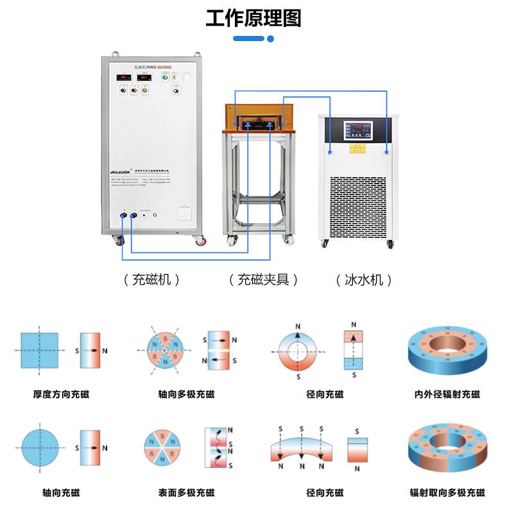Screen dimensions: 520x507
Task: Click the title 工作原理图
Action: pyautogui.click(x=253, y=18)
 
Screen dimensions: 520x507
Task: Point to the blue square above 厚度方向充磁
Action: pyautogui.click(x=40, y=351)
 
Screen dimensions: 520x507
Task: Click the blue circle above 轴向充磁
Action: pyautogui.click(x=40, y=447)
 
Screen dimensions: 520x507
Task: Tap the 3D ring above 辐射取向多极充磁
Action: pyautogui.click(x=447, y=447)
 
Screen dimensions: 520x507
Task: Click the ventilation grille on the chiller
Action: pyautogui.click(x=359, y=206)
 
